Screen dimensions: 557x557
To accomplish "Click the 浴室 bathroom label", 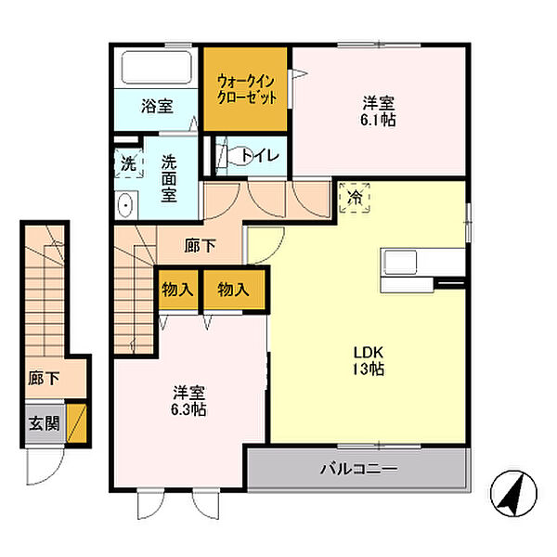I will pos(157,105).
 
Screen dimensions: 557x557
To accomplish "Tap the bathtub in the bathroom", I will pos(156,69).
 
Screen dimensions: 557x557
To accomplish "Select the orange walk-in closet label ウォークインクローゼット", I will pos(245,88).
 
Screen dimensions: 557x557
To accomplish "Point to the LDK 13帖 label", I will pos(368,360).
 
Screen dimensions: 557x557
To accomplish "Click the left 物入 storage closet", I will pos(176,290).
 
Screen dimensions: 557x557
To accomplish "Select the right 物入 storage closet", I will pos(234,290).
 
